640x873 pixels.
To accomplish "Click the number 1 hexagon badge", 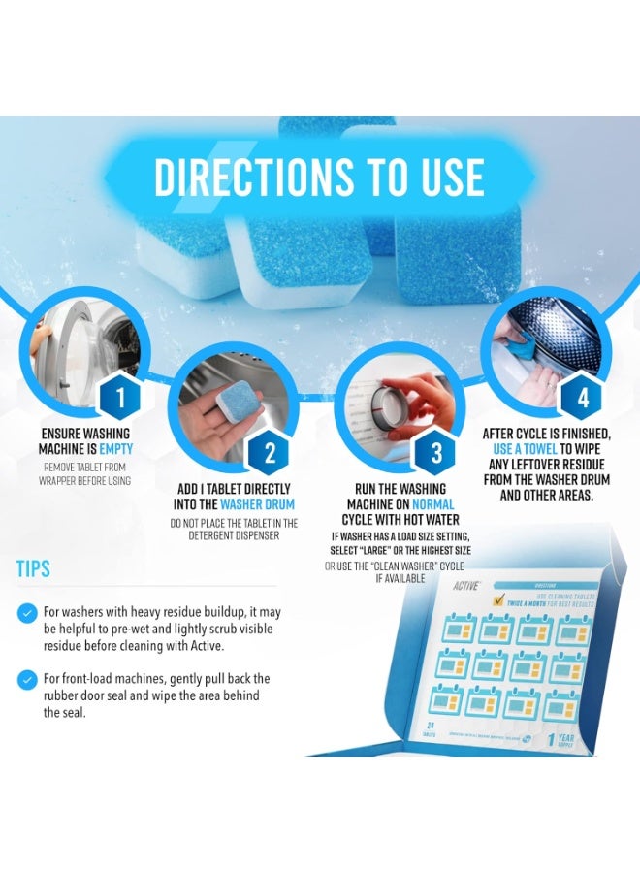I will tap(120, 396).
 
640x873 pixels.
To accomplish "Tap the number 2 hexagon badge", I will tap(270, 452).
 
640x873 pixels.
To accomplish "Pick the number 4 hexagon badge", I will tap(582, 397).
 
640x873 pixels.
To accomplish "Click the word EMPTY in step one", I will tap(114, 449).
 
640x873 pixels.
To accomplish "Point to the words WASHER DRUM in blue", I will tap(257, 504).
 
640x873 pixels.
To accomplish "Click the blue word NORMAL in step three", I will tap(432, 504).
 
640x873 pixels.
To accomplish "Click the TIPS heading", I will tap(33, 568).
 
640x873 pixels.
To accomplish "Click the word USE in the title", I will tap(447, 177).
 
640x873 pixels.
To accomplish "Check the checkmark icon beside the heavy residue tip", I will tap(27, 613).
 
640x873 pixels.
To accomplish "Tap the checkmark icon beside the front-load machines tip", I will tap(27, 679).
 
